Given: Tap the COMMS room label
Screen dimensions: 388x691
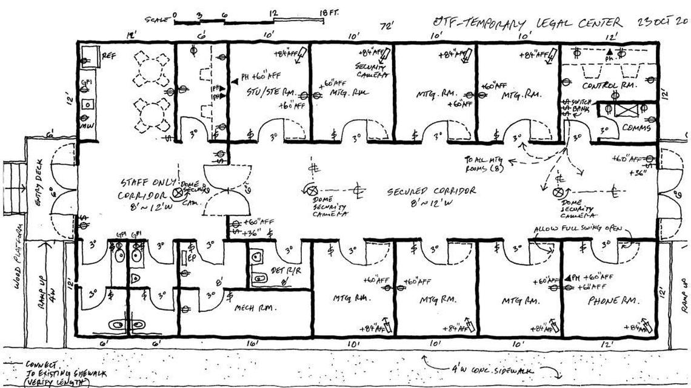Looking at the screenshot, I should pos(636,128).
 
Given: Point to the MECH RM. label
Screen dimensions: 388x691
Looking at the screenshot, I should pos(255,307).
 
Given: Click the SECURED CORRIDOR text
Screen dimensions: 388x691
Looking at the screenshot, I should pos(432,191).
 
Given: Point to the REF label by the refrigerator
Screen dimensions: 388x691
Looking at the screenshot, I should pos(108,56).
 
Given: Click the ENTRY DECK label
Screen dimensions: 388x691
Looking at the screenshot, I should pos(38,188).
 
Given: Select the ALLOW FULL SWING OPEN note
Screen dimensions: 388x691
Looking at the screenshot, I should pos(579,229).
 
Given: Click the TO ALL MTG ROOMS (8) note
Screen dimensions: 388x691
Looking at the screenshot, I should pos(485,163).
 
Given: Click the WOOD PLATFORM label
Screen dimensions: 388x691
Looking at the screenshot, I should pos(18,248).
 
